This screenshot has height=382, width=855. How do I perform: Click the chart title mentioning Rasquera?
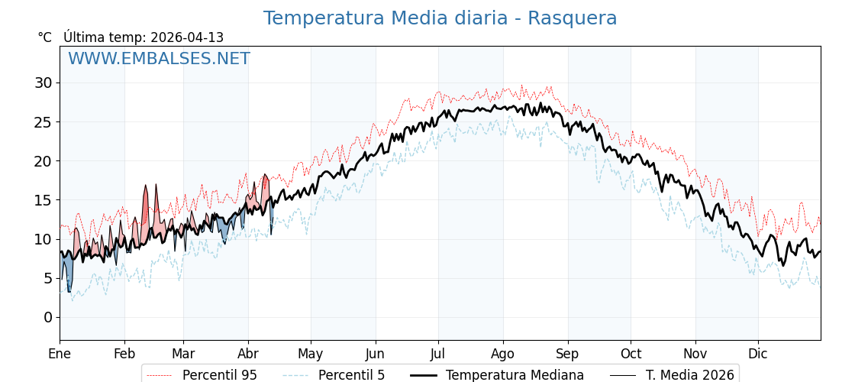440,18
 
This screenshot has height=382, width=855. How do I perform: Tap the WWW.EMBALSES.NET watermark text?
159,59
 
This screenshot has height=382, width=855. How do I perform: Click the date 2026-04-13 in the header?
187,37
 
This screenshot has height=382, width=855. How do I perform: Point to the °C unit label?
45,37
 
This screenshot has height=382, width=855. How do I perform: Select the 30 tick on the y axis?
44,83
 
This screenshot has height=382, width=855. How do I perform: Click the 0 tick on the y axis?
48,317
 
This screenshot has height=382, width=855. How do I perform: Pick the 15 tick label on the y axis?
44,200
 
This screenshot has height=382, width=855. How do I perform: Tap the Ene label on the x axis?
60,354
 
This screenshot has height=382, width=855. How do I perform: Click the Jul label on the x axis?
438,354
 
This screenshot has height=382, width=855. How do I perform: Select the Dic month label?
758,354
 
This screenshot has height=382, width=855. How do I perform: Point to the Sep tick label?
568,354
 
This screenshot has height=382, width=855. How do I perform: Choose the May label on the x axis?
311,354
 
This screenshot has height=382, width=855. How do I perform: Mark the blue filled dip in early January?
67,271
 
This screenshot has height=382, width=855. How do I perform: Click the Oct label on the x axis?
631,354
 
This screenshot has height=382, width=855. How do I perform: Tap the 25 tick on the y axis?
44,121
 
